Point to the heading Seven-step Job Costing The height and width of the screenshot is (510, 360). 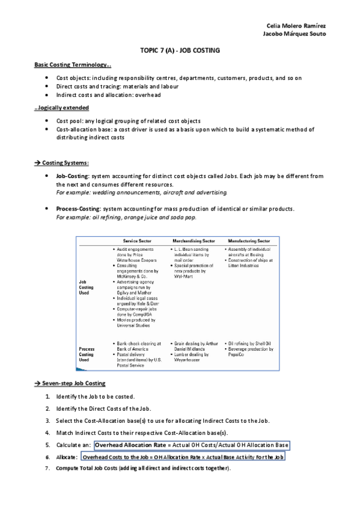(73, 383)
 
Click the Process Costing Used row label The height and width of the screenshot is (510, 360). (86, 354)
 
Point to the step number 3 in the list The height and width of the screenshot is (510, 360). (47, 420)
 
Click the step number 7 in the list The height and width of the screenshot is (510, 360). (47, 469)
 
